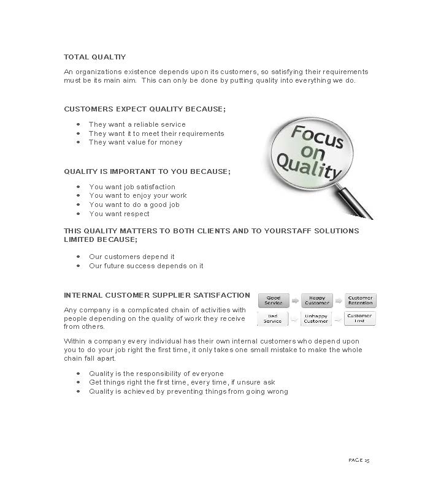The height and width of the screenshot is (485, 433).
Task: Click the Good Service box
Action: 274,301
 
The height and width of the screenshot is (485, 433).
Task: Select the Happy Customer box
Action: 316,301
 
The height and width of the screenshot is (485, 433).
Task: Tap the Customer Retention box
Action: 360,301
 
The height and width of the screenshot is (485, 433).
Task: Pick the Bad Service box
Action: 273,318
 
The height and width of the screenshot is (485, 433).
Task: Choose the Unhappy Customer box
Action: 316,318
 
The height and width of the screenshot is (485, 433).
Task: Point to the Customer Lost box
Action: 360,318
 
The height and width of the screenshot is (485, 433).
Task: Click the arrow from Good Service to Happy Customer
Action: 295,301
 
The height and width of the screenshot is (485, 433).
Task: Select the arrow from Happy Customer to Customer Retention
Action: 339,301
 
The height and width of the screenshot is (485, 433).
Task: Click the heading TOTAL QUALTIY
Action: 94,57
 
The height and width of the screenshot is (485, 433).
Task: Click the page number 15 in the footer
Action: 367,459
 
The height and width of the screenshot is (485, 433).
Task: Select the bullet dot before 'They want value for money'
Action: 78,142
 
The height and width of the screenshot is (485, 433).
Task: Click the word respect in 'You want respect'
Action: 136,214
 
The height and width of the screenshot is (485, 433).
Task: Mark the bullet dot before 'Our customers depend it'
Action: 78,257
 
